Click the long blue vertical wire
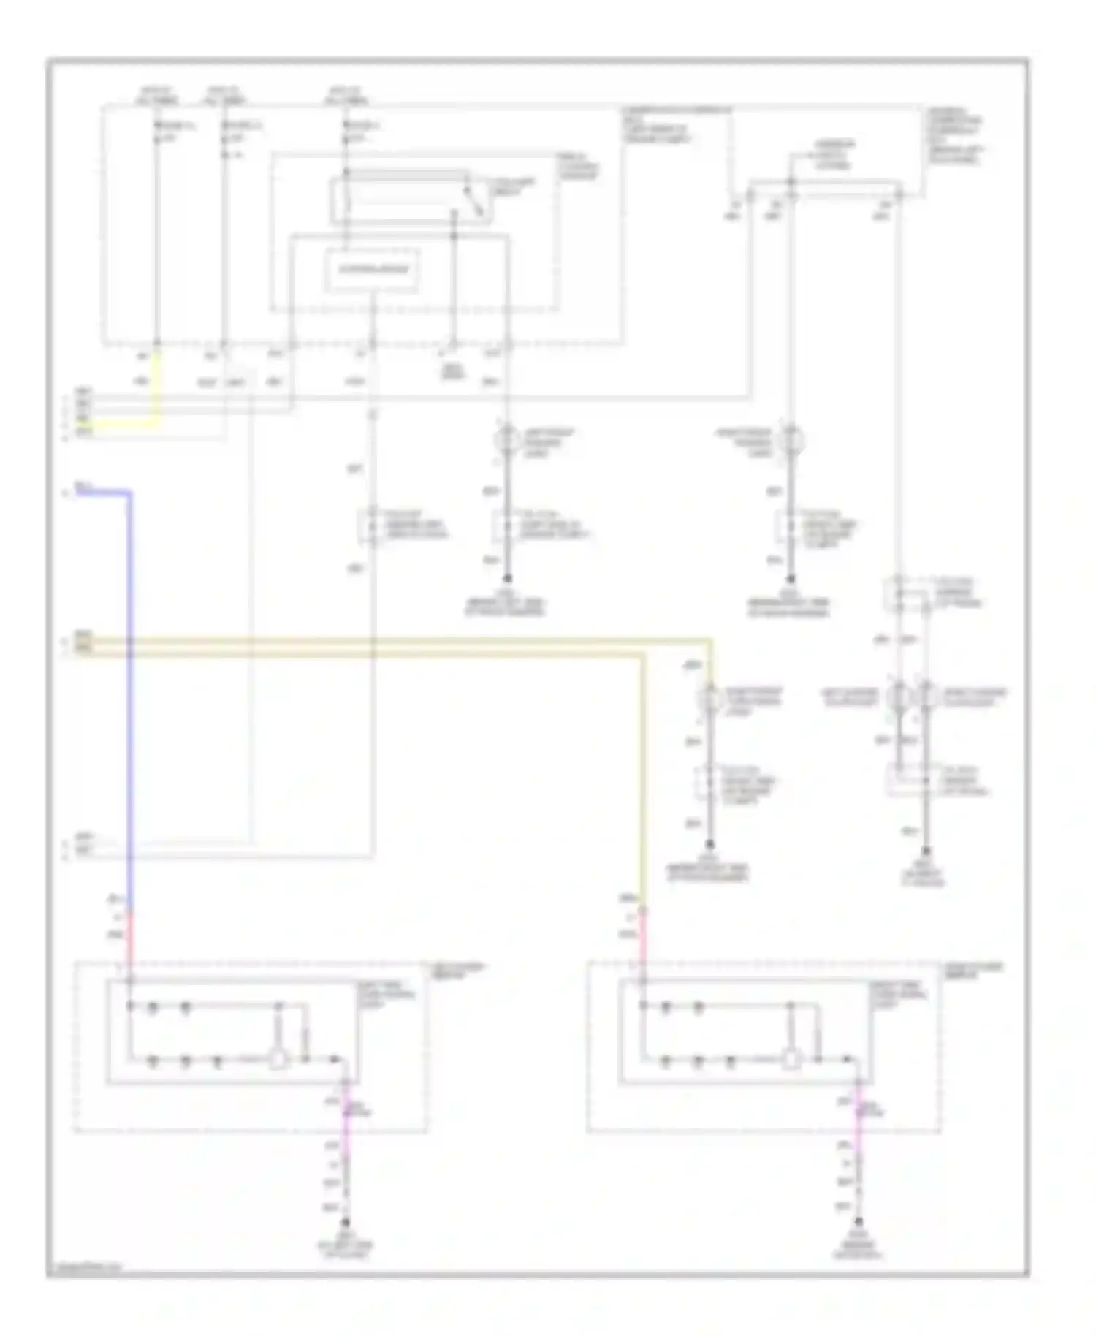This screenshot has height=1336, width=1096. [x=130, y=694]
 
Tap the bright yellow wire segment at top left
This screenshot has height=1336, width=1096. [x=156, y=395]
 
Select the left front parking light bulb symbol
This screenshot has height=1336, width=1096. [x=507, y=441]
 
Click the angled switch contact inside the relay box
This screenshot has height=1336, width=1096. [x=476, y=202]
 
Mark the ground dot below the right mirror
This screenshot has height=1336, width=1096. [x=859, y=1223]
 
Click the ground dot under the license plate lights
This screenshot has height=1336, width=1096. [x=926, y=851]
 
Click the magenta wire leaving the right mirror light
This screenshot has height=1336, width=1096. [x=859, y=1118]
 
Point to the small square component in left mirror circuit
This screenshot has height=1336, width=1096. [x=278, y=1060]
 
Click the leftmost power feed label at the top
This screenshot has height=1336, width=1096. [x=156, y=95]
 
